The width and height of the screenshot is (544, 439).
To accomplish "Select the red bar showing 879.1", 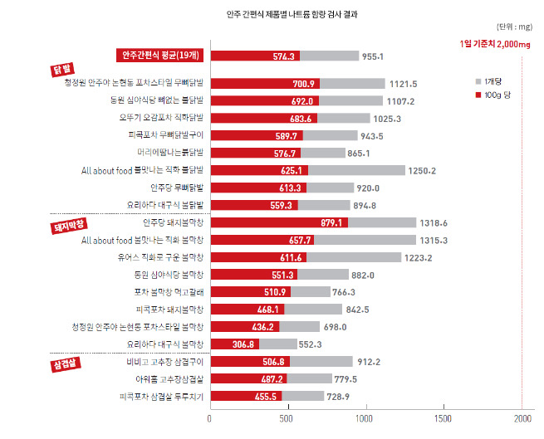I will click(x=278, y=222).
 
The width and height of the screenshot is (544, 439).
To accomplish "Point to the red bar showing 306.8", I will click(x=234, y=344).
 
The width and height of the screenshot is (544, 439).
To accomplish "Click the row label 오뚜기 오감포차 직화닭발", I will click(x=162, y=118).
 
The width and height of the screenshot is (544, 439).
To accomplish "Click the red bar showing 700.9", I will click(x=265, y=83).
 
